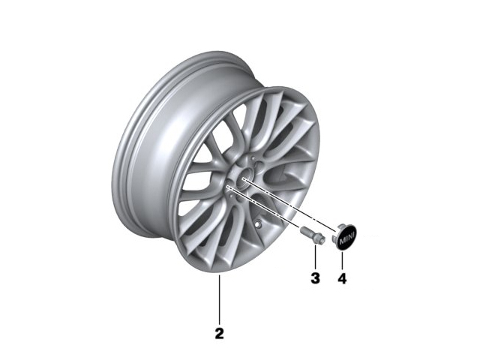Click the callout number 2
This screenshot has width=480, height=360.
[219, 333]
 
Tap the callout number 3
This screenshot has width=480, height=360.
[315, 278]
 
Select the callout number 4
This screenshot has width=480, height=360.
[342, 278]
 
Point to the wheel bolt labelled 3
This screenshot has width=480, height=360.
[312, 235]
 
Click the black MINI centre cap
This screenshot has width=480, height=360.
[345, 237]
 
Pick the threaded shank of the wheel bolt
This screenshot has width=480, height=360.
[306, 232]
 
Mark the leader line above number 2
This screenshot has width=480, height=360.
[219, 300]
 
